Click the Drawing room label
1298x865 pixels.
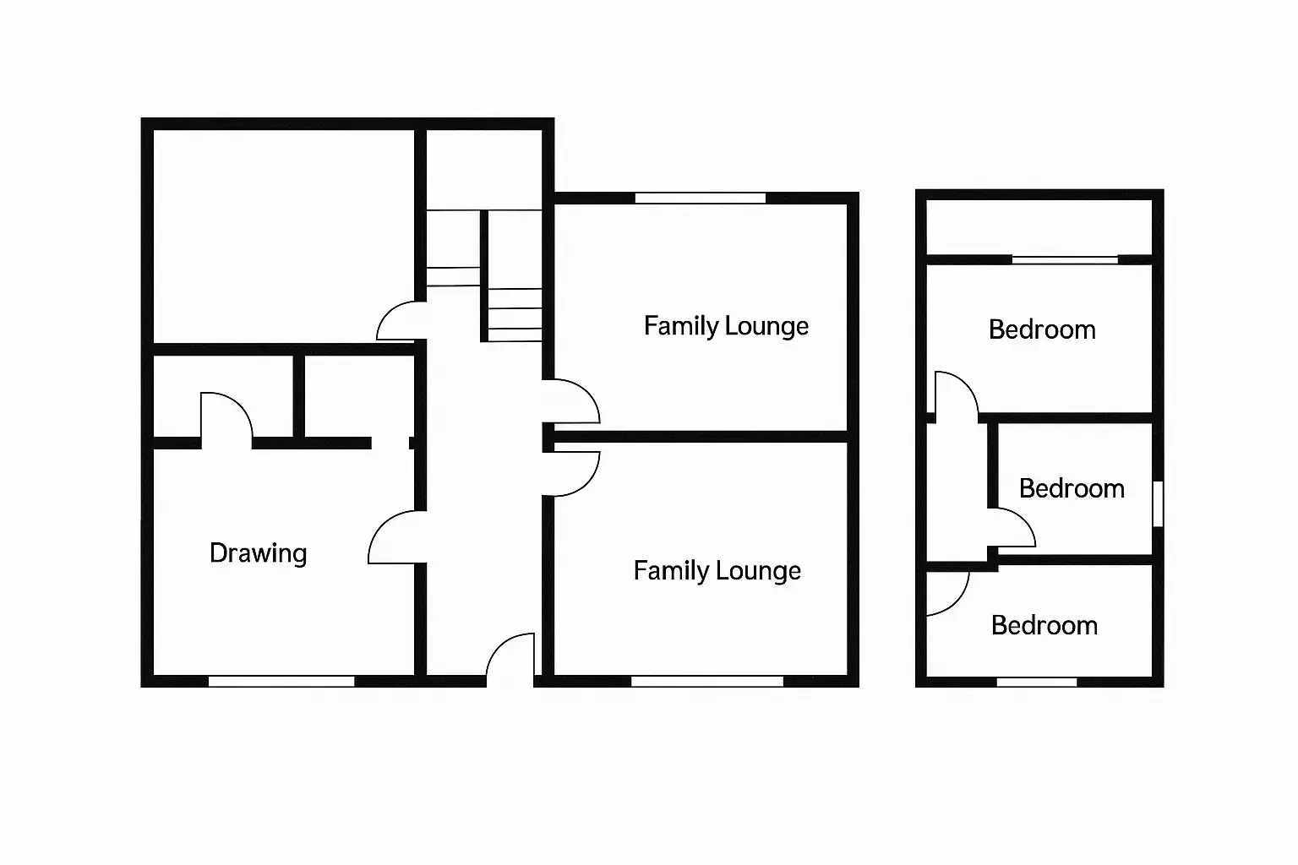pyautogui.click(x=259, y=553)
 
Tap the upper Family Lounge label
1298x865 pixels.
pyautogui.click(x=726, y=326)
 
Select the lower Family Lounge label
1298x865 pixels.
pyautogui.click(x=717, y=571)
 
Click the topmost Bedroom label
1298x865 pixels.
pyautogui.click(x=1042, y=329)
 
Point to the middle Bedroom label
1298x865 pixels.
pyautogui.click(x=1072, y=488)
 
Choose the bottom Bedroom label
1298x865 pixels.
pyautogui.click(x=1044, y=626)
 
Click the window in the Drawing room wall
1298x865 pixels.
pyautogui.click(x=281, y=682)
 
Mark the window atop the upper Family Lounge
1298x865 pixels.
pyautogui.click(x=701, y=199)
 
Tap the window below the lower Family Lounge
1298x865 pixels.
pyautogui.click(x=707, y=682)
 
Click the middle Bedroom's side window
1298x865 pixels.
pyautogui.click(x=1158, y=504)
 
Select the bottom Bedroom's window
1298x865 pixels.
pyautogui.click(x=1037, y=683)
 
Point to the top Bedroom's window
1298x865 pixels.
pyautogui.click(x=1065, y=260)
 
